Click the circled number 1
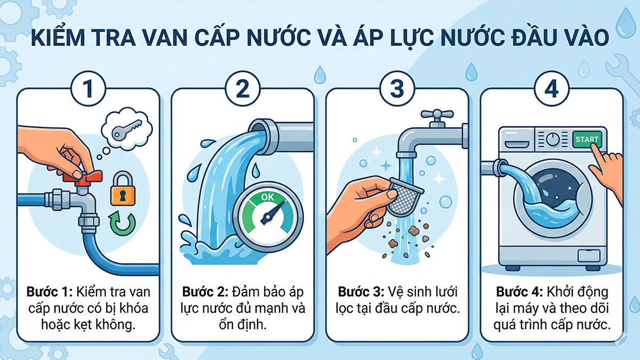[88, 89]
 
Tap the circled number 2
[243, 89]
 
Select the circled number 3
[397, 89]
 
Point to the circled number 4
[551, 89]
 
